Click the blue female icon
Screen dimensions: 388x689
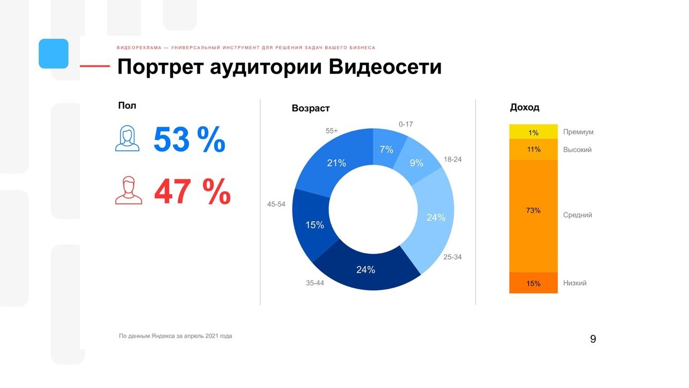[128, 139]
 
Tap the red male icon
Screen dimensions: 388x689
[129, 191]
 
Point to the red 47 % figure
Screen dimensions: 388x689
[192, 192]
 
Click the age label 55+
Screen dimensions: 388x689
[332, 131]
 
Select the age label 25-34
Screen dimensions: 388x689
[452, 257]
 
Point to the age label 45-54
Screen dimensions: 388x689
[276, 204]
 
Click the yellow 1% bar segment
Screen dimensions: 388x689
[533, 132]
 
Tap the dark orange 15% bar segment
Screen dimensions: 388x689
[533, 283]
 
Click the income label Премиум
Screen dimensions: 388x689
[578, 132]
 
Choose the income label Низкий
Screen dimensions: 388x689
[575, 283]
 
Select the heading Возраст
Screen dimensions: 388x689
[311, 109]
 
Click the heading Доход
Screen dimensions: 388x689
[524, 108]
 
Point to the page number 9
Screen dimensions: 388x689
[593, 339]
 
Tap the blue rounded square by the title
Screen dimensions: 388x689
[53, 54]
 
